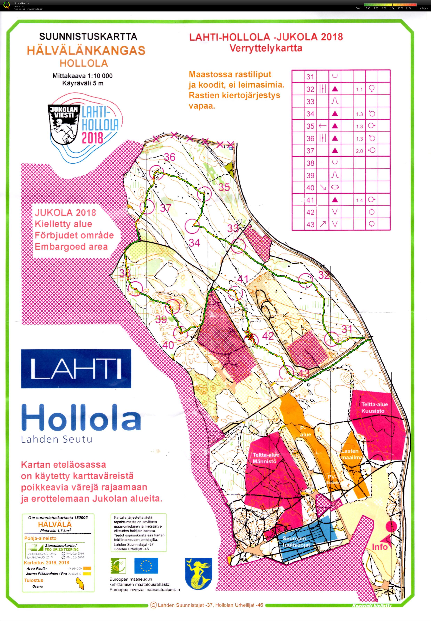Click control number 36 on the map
pyautogui.click(x=170, y=157)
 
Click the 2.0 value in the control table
pyautogui.click(x=359, y=151)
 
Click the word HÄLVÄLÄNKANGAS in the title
pyautogui.click(x=86, y=50)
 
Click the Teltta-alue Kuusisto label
pyautogui.click(x=374, y=407)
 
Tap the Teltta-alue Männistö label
pyautogui.click(x=265, y=458)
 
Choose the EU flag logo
pyautogui.click(x=146, y=566)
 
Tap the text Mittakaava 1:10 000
pyautogui.click(x=82, y=76)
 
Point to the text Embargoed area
pyautogui.click(x=71, y=247)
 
